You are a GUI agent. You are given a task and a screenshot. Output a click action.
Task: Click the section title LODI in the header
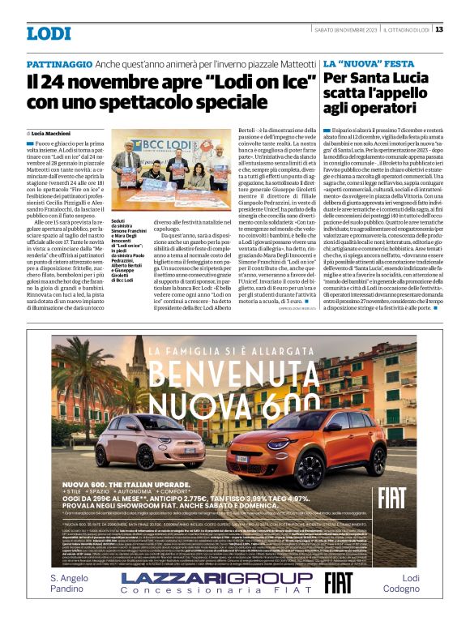pyautogui.click(x=49, y=33)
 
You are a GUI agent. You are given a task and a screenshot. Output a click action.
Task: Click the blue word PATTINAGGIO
pyautogui.click(x=58, y=63)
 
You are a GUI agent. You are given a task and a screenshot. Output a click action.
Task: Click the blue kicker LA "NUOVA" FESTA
pyautogui.click(x=369, y=63)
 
